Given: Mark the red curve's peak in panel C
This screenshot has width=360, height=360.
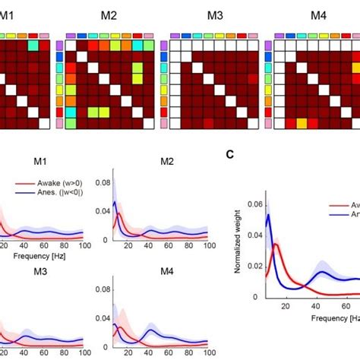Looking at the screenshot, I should point(278,245).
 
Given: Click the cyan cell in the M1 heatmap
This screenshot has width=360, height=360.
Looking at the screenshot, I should point(33,46).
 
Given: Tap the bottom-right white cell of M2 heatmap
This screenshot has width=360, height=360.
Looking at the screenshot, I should point(137,122).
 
